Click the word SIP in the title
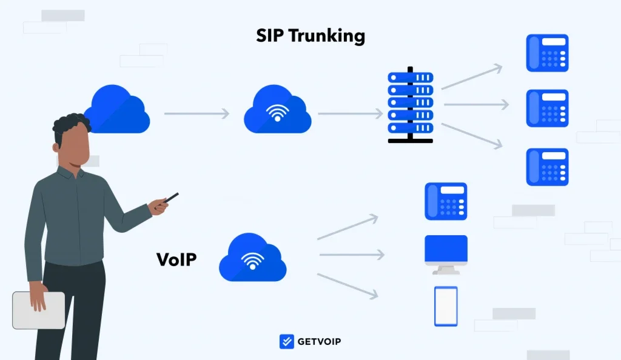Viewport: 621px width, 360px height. tap(270, 36)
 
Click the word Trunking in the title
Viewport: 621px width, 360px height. tap(327, 36)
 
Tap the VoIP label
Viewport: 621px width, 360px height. tap(176, 259)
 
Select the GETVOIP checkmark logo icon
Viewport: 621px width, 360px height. tap(287, 341)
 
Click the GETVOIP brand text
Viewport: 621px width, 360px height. tap(319, 341)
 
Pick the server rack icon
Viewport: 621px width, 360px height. tap(411, 105)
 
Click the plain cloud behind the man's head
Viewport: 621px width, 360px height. tap(119, 109)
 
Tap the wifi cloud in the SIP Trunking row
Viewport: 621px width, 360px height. tap(278, 109)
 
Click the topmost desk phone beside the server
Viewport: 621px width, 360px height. tap(548, 53)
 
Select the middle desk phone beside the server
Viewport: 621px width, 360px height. tap(548, 108)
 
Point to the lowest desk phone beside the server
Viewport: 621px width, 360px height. tap(548, 167)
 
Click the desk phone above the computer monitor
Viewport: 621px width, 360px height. tap(446, 201)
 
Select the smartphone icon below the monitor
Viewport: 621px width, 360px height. tap(446, 306)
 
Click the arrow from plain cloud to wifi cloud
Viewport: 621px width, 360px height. tap(197, 113)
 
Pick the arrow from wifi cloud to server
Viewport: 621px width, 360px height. tap(351, 113)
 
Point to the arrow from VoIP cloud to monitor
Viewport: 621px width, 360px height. tap(352, 255)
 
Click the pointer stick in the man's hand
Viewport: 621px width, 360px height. tap(167, 201)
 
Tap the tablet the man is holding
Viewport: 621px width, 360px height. tap(38, 310)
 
